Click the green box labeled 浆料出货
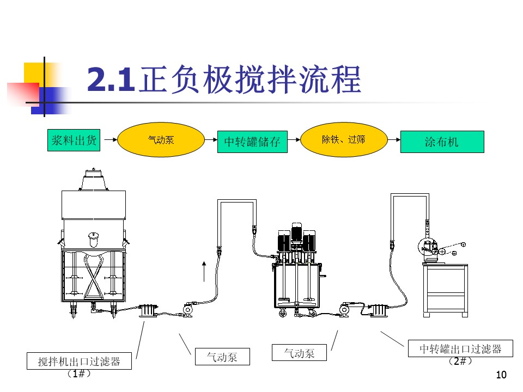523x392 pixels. pos(74,140)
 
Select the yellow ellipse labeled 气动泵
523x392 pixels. pos(161,140)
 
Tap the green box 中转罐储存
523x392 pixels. pos(252,142)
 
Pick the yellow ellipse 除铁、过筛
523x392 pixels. pos(344,140)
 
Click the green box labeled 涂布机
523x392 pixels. pos(442,142)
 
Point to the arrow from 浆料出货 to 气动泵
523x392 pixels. pos(111,140)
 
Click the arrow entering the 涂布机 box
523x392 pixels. pos(394,140)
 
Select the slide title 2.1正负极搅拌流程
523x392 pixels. pos(224,79)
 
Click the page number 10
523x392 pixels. pos(501,375)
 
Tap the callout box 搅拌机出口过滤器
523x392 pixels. pos(79,361)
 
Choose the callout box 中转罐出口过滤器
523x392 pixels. pos(460,348)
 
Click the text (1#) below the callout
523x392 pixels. pos(79,373)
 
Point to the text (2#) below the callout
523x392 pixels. pos(460,361)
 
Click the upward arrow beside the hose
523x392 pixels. pos(204,272)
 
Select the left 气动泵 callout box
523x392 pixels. pos(222,357)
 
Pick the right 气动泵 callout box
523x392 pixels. pos(299,353)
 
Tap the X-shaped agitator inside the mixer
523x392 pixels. pos(94,276)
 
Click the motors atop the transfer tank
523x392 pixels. pos(296,238)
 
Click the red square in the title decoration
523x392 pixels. pos(23,95)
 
